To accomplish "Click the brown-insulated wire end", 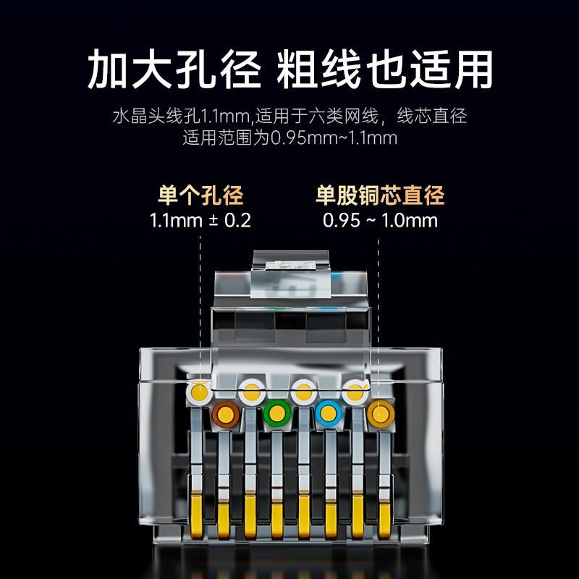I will pos(226,415).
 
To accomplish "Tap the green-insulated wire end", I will pos(276,415).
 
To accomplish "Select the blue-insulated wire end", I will pos(327,415).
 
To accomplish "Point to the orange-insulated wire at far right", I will pos(378,415).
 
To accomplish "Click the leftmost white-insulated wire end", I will pos(198,394).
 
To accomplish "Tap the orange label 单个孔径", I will pos(200,195).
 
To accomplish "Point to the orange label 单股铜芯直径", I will pos(380,195).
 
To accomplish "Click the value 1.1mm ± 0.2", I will pos(200,221).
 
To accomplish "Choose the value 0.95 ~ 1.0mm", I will pos(380,221).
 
